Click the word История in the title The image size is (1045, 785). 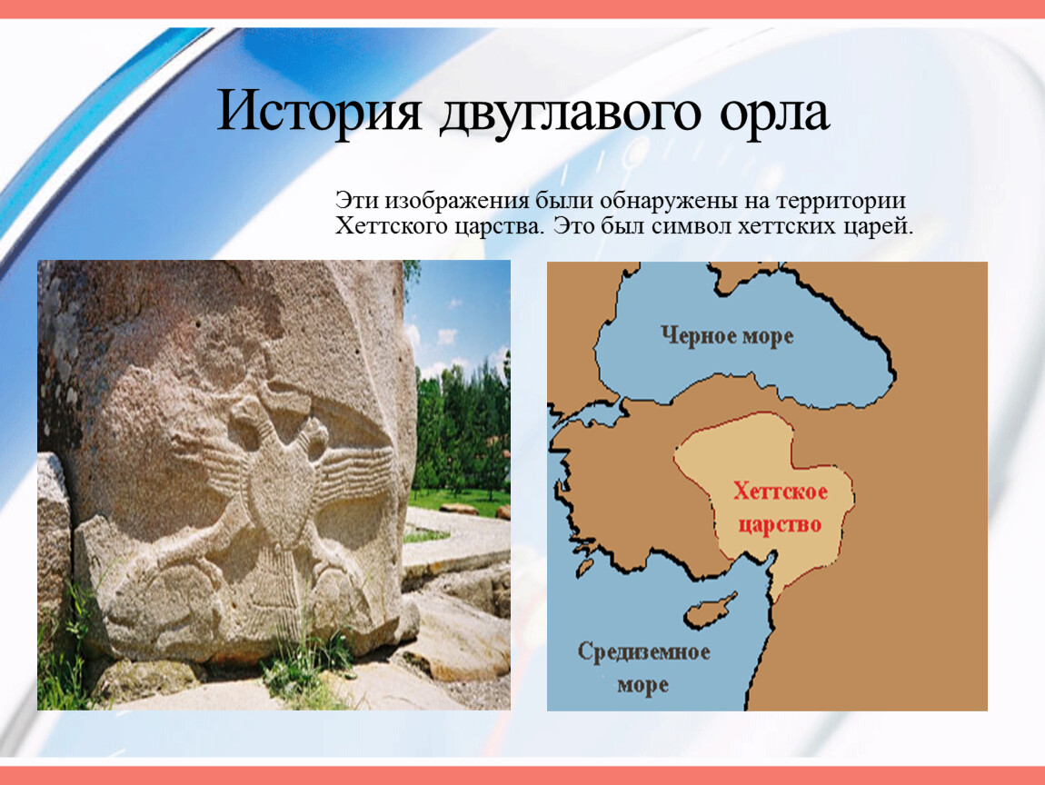tap(320, 111)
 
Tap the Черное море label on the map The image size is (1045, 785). tap(727, 335)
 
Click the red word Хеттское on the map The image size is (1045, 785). tap(781, 492)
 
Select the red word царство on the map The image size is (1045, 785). tap(780, 525)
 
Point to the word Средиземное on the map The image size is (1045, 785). tap(643, 651)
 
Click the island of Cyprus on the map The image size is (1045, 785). tap(711, 610)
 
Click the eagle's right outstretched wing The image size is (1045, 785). tap(353, 473)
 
